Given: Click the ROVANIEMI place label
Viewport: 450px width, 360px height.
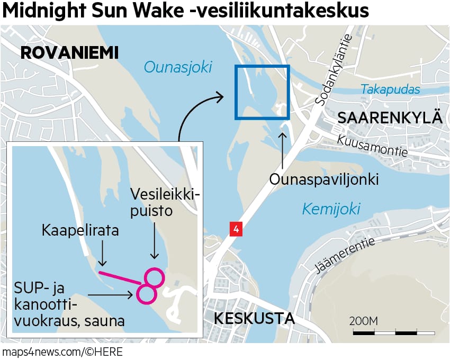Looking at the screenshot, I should pos(69,53).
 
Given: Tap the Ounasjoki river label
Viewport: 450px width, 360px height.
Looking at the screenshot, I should pos(177,67).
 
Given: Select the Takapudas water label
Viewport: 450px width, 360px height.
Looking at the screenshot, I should pos(390,89).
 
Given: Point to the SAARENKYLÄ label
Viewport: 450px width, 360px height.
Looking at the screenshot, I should pos(390,118).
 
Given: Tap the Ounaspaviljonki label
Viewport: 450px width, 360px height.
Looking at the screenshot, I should pos(324,179).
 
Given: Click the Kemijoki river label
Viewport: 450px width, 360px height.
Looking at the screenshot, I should pos(331,209).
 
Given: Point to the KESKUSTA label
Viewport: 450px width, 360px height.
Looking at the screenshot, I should pos(254,319).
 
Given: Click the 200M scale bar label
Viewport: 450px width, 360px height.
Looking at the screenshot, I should pos(363,321).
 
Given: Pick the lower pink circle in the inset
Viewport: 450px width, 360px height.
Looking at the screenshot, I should pos(146,294).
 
